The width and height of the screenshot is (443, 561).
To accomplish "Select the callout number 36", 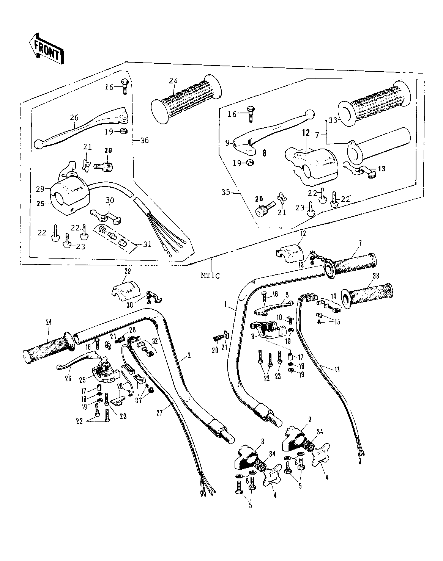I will (144, 140).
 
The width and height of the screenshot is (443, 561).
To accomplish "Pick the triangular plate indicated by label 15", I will (318, 315).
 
